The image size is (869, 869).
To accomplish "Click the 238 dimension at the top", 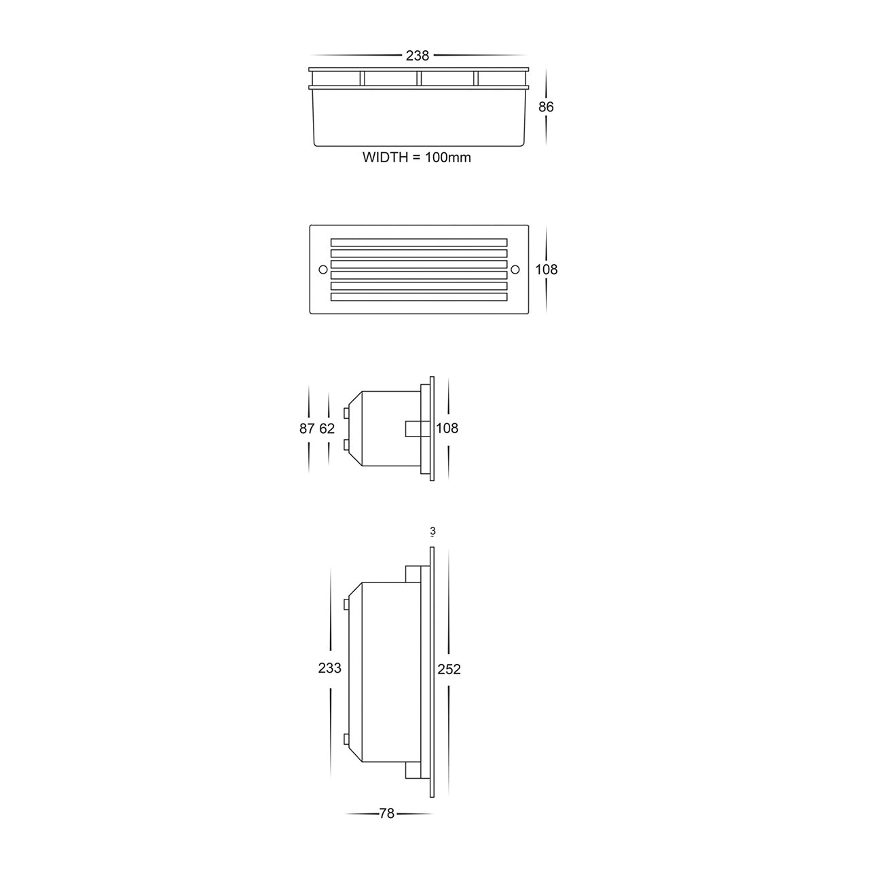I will (x=417, y=56).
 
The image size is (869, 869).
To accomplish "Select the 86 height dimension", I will (x=546, y=107).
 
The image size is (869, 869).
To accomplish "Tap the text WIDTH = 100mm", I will (x=416, y=158).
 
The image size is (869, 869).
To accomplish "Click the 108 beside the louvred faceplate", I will (x=546, y=270).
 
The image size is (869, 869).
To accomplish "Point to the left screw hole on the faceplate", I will (x=322, y=270).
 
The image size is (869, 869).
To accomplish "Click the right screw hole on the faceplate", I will (x=514, y=270).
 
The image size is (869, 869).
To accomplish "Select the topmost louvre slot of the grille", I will (x=419, y=242).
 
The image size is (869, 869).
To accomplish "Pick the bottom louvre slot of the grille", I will (x=419, y=297).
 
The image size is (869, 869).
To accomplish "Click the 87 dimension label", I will (x=307, y=428).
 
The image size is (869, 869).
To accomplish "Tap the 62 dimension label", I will (x=327, y=428).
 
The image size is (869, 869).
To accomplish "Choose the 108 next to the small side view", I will (x=447, y=428).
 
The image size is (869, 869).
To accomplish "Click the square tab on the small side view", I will (x=412, y=429).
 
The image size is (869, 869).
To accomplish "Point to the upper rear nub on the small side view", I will (x=347, y=412).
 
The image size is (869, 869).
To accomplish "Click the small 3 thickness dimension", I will (x=432, y=532).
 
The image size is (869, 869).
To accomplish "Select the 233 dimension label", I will (x=329, y=668).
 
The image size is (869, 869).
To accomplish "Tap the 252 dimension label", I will (x=449, y=669).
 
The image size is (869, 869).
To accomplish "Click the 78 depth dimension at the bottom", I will (x=386, y=814).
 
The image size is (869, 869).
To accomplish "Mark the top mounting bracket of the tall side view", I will (x=411, y=574).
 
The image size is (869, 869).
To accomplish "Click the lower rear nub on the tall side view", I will (x=347, y=739).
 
